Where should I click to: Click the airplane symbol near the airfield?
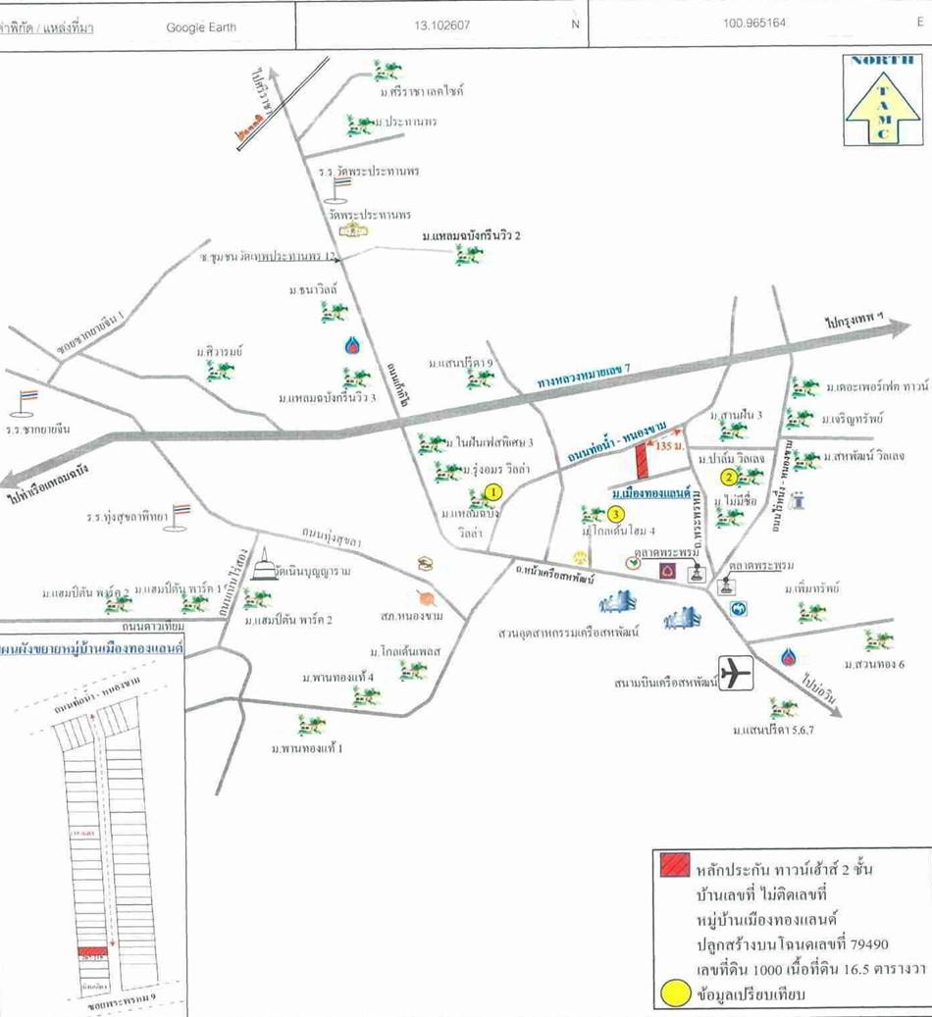click(x=735, y=672)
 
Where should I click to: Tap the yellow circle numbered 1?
click(x=493, y=491)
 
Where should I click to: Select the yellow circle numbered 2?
click(x=729, y=478)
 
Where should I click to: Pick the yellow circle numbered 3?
click(x=615, y=513)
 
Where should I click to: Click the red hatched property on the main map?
click(x=644, y=459)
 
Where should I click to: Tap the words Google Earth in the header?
click(x=201, y=26)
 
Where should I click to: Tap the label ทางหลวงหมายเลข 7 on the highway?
click(x=583, y=380)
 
